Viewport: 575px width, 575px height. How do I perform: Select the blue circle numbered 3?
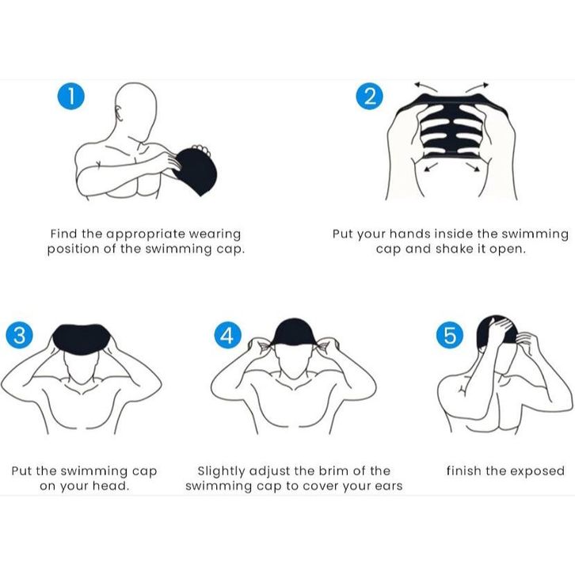pos(19,335)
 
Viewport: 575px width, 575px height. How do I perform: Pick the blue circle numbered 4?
pos(228,335)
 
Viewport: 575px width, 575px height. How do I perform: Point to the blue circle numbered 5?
pos(450,335)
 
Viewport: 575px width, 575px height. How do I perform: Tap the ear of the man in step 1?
pos(119,112)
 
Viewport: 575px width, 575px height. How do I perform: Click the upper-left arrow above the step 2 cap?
pos(425,87)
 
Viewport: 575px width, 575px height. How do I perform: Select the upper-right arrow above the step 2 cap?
pos(477,87)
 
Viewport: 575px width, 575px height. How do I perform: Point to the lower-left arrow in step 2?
pos(431,167)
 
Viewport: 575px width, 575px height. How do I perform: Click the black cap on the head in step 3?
pos(82,340)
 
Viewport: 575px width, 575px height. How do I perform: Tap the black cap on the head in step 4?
pos(292,332)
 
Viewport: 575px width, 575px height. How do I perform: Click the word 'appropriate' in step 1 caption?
pos(146,234)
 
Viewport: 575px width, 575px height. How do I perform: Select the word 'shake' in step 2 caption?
pos(451,249)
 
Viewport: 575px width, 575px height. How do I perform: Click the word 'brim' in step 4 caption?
pos(334,471)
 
